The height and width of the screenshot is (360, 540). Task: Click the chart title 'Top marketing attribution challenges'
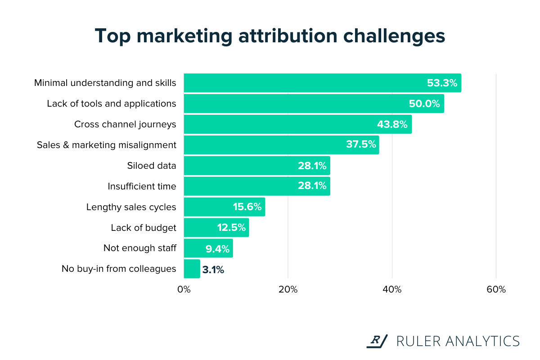[270, 36]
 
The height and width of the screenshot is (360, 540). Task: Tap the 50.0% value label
[424, 103]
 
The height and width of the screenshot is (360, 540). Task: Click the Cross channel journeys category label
[125, 124]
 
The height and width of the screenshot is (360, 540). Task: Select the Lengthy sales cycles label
[131, 207]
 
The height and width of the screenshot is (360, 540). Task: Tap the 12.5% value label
[231, 228]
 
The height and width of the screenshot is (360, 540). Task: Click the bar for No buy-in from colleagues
[192, 269]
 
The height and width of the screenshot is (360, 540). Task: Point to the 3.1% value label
[213, 270]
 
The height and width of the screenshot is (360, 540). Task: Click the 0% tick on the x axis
[184, 289]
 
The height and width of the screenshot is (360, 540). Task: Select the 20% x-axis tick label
[288, 289]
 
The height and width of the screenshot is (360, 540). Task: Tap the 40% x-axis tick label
[392, 289]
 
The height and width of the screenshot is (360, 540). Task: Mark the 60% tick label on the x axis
[496, 289]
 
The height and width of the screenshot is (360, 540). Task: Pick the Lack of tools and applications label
[112, 103]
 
